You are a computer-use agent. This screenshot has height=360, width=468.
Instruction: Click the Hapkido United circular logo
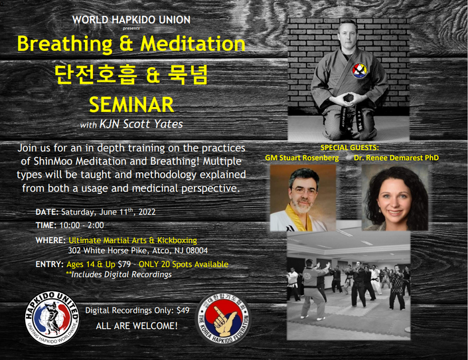[x=52, y=318]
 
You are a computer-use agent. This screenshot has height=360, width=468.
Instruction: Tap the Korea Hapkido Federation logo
[x=224, y=319]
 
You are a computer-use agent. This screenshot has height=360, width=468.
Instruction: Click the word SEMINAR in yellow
[x=131, y=104]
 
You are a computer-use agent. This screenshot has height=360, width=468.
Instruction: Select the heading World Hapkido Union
[x=131, y=20]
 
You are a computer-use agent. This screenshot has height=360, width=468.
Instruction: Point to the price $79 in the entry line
[x=124, y=264]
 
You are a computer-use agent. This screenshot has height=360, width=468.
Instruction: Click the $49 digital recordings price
[x=183, y=310]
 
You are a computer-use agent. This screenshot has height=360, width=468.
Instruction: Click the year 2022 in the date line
[x=147, y=212]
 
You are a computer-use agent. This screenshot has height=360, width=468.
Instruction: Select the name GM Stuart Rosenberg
[x=302, y=157]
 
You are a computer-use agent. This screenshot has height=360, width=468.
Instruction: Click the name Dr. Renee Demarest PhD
[x=396, y=157]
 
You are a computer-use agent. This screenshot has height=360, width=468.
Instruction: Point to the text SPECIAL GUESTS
[x=350, y=147]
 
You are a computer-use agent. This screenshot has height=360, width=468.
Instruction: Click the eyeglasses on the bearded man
[x=303, y=191]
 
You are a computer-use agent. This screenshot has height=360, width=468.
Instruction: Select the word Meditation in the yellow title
[x=193, y=44]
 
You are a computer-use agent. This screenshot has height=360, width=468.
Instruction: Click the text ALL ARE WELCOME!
[x=137, y=325]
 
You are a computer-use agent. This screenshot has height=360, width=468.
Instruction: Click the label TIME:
[x=46, y=225]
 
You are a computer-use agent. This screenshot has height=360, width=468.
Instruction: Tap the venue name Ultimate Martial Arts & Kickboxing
[x=133, y=240]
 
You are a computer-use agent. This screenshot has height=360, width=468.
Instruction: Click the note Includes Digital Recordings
[x=119, y=274]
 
